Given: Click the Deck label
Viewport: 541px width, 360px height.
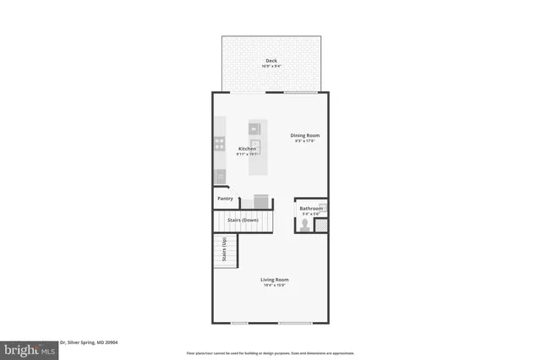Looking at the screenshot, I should (271, 60).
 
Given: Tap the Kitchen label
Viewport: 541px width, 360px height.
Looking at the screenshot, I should (247, 149).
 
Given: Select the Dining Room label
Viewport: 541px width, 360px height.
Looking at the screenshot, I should (305, 135).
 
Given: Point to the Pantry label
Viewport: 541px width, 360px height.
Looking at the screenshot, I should (226, 199).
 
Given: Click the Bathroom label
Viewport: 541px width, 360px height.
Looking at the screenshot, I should (311, 208).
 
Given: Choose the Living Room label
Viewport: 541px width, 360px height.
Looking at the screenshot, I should (276, 280).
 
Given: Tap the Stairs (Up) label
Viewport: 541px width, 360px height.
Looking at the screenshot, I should (225, 250).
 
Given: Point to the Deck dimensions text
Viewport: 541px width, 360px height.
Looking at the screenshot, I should (271, 65).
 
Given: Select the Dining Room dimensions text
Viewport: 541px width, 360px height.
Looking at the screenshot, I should (305, 141).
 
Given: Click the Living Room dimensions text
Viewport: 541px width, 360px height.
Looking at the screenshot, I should (276, 286).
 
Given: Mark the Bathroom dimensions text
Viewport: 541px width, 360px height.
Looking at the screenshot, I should (310, 214).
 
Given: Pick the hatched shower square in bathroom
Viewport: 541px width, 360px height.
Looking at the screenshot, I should (320, 226).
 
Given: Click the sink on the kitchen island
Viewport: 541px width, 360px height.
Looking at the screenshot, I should (254, 128).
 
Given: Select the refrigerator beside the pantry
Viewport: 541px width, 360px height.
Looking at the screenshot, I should (260, 200).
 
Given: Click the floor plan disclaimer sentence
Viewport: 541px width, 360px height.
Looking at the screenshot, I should (270, 353).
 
